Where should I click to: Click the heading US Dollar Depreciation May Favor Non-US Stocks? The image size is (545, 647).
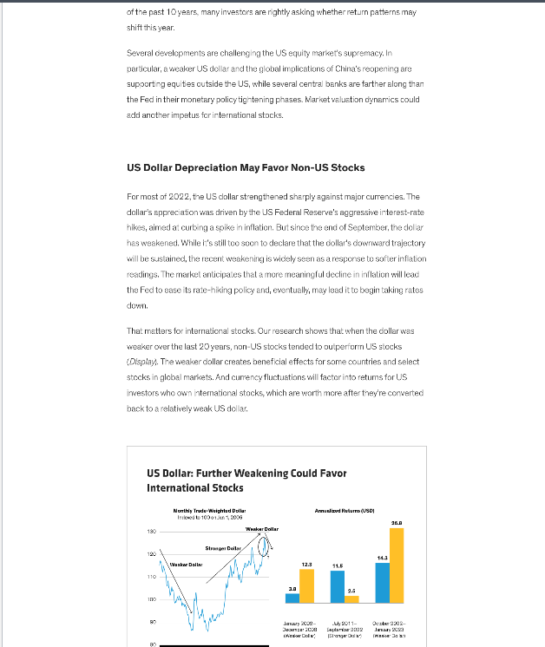click(x=246, y=167)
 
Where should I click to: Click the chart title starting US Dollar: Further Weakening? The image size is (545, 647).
click(x=246, y=480)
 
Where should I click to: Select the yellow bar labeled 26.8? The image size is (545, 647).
click(x=397, y=565)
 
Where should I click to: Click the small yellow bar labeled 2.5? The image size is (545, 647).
click(x=351, y=598)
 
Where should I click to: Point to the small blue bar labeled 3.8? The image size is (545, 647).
click(x=292, y=597)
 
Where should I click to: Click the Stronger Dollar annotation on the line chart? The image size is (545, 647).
click(x=223, y=548)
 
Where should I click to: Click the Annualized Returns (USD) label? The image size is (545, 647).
click(x=345, y=511)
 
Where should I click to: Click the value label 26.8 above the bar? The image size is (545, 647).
click(x=397, y=522)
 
